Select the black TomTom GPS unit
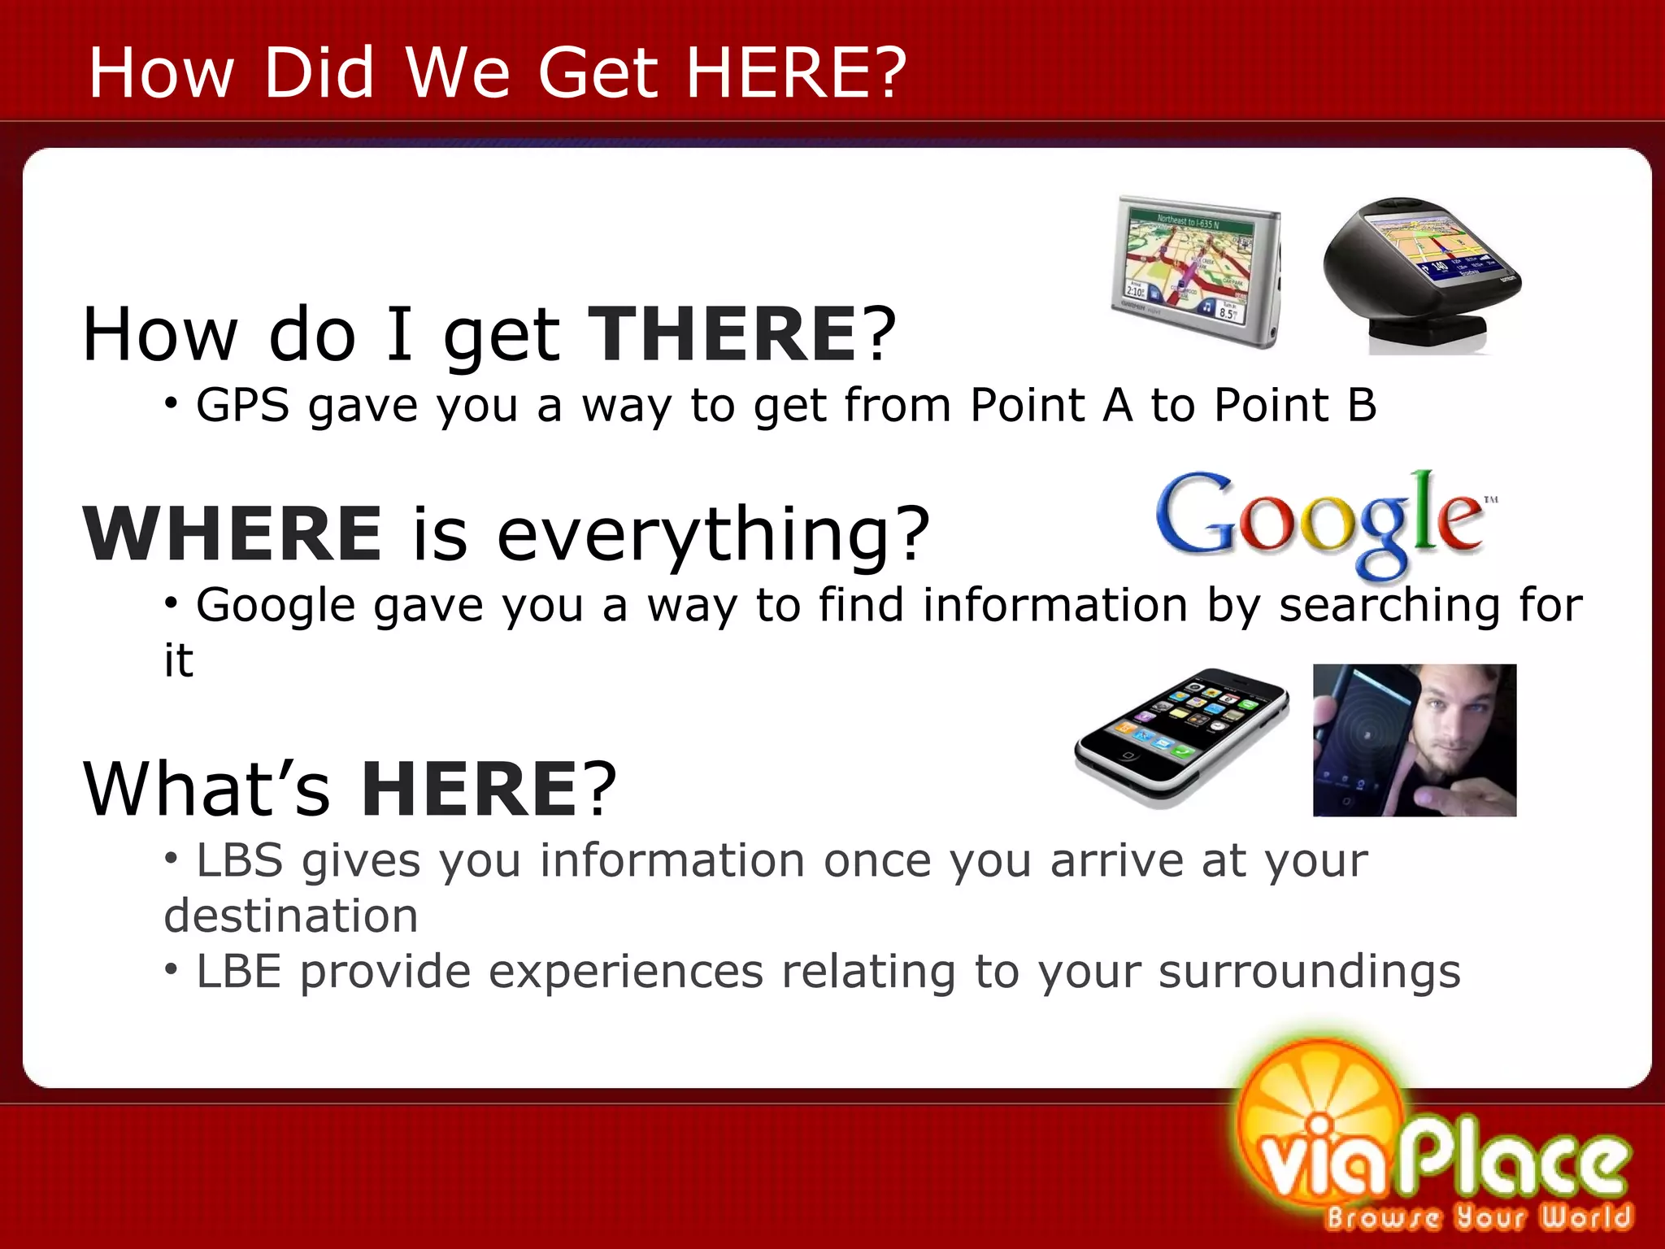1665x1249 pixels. pyautogui.click(x=1419, y=272)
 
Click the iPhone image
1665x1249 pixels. pyautogui.click(x=1183, y=736)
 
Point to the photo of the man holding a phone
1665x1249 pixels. pyautogui.click(x=1415, y=740)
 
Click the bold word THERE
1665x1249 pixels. pyautogui.click(x=722, y=335)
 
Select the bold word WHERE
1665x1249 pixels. pyautogui.click(x=233, y=534)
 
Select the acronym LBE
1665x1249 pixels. pyautogui.click(x=239, y=972)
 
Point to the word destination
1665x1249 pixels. pyautogui.click(x=291, y=916)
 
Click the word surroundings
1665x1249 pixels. pyautogui.click(x=1309, y=972)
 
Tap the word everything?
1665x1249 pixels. pyautogui.click(x=713, y=534)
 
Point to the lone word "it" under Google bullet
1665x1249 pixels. pyautogui.click(x=179, y=660)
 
